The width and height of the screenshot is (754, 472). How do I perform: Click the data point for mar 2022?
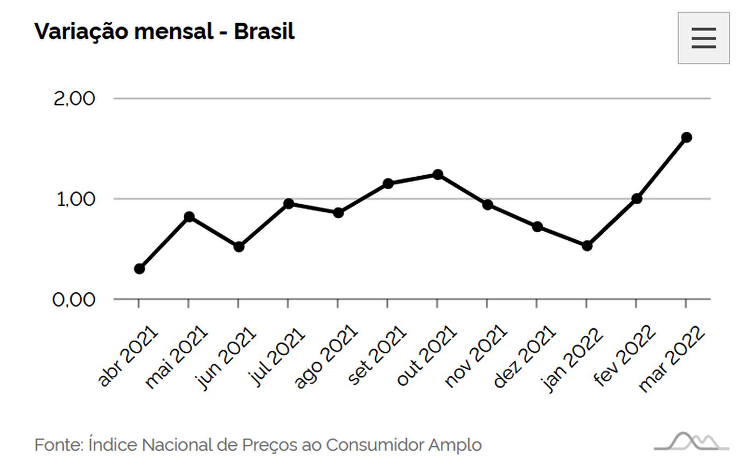(x=686, y=137)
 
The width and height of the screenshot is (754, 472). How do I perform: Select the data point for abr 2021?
(x=139, y=268)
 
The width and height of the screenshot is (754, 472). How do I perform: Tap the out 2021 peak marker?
(x=438, y=175)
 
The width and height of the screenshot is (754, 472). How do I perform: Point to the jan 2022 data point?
(x=587, y=246)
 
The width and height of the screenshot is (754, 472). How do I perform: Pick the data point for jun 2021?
(x=239, y=247)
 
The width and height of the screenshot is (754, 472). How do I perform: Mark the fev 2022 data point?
(x=637, y=198)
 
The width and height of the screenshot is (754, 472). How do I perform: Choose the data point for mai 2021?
(x=189, y=217)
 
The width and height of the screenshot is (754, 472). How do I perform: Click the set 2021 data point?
(x=388, y=184)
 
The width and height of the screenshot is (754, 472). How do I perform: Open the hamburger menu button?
(x=703, y=38)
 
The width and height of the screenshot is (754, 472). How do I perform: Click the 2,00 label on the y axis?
(x=74, y=99)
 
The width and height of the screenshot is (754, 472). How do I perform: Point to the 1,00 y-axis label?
(x=75, y=199)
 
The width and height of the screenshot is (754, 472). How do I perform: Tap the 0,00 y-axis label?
(x=74, y=299)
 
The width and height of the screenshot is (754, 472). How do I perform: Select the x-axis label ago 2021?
(x=326, y=356)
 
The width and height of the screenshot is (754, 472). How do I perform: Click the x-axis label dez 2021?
(x=524, y=356)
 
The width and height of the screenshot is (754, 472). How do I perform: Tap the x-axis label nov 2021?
(x=475, y=356)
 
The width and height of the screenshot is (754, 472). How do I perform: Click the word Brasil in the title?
(x=264, y=31)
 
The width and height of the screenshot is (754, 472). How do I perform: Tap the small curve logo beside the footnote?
(x=692, y=441)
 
